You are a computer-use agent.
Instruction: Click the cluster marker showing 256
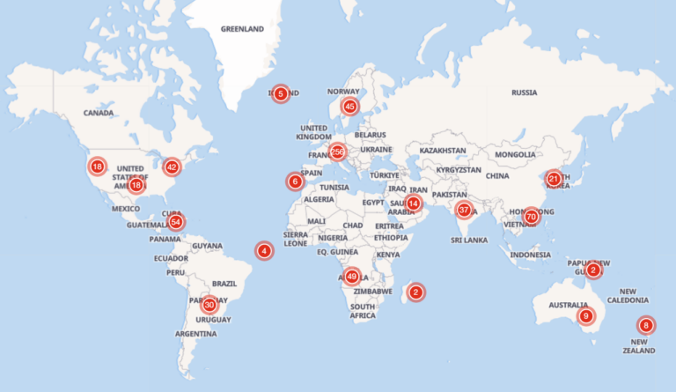click(337, 152)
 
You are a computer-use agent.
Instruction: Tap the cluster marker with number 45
click(349, 107)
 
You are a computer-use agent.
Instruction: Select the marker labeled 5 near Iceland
click(280, 93)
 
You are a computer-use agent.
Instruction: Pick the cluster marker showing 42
click(172, 166)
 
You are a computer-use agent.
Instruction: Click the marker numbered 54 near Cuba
click(177, 221)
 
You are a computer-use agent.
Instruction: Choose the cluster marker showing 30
click(209, 305)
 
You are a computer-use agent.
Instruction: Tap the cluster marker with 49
click(352, 276)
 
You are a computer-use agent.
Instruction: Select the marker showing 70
click(531, 216)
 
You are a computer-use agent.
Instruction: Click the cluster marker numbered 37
click(464, 210)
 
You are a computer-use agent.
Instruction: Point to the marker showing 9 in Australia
click(585, 315)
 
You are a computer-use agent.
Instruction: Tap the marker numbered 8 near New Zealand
click(646, 325)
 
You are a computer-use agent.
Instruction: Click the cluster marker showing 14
click(414, 203)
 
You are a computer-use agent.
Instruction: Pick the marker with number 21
click(553, 179)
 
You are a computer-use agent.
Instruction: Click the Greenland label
click(242, 29)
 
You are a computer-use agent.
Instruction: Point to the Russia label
click(524, 92)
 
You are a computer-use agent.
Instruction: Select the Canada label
click(98, 113)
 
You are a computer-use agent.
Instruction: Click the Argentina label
click(195, 334)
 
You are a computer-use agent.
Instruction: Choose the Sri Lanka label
click(469, 240)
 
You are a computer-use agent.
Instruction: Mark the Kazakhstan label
click(443, 151)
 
